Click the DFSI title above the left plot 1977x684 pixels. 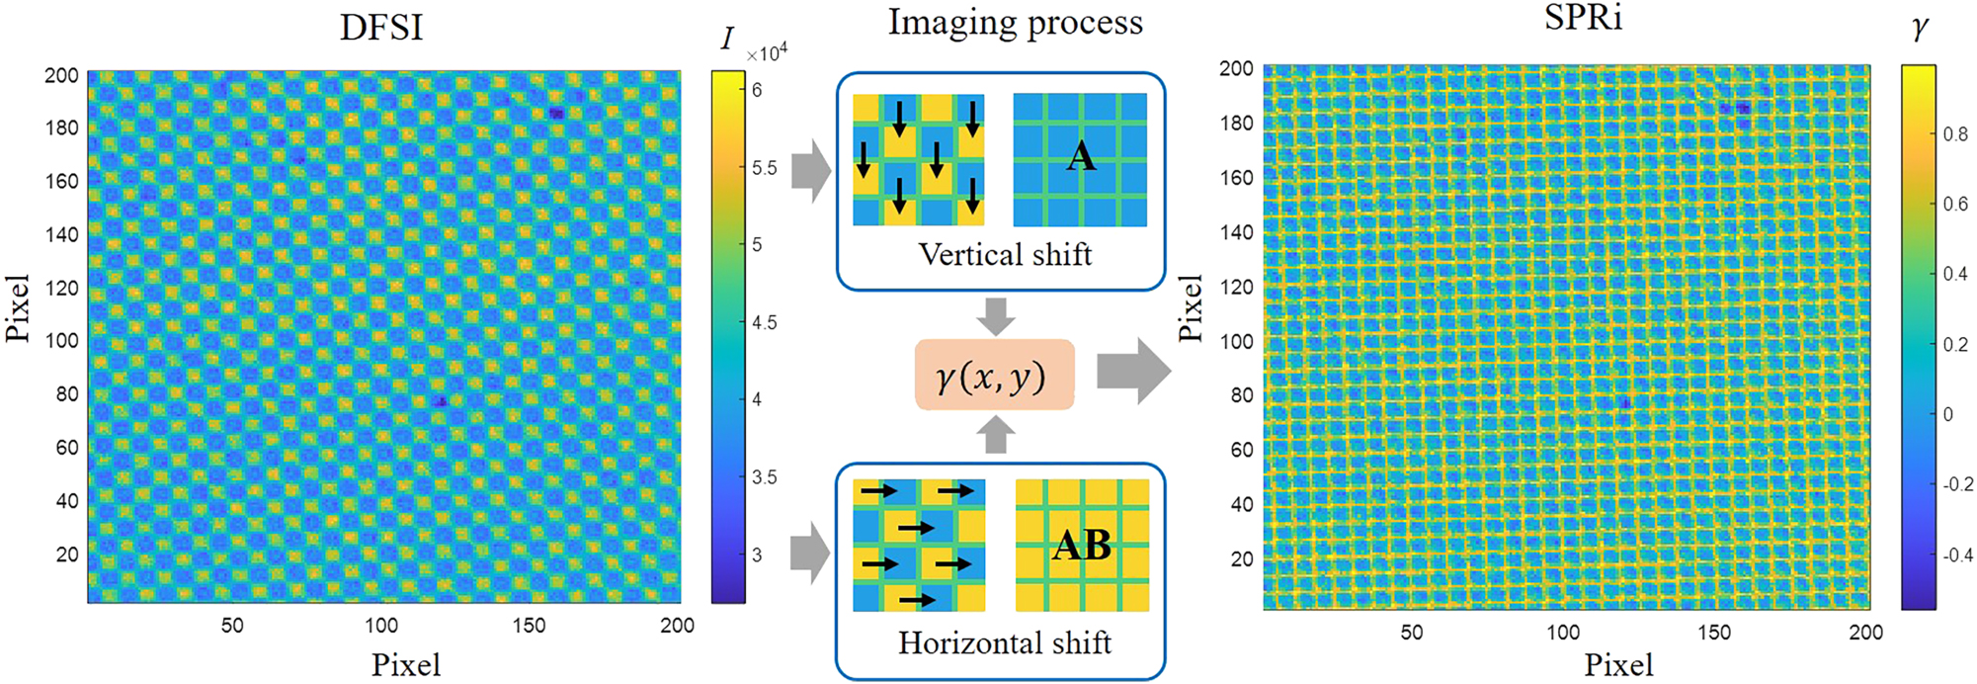coord(381,27)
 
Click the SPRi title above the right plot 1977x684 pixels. coord(1583,19)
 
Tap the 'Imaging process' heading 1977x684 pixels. coord(1015,22)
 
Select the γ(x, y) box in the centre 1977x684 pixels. coord(994,375)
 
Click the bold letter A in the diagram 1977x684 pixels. coord(1080,156)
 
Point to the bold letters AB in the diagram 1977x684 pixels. coord(1082,545)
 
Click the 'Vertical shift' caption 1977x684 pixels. coord(1005,255)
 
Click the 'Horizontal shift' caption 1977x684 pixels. coord(1005,643)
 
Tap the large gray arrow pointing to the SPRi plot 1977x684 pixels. coord(1133,372)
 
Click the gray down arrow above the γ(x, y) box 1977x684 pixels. coord(995,315)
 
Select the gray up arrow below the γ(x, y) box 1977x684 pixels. coord(995,435)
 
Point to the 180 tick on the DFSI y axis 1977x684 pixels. coord(61,128)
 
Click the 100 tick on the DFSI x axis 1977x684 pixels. coord(381,625)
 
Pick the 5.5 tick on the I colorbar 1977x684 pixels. coord(764,168)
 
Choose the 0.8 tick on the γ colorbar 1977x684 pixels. coord(1955,134)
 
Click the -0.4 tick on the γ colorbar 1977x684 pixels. coord(1957,556)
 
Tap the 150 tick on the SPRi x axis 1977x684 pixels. coord(1714,633)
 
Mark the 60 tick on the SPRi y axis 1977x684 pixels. coord(1241,450)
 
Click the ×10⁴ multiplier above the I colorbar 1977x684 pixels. coord(767,52)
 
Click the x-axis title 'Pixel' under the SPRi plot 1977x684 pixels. coord(1618,665)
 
